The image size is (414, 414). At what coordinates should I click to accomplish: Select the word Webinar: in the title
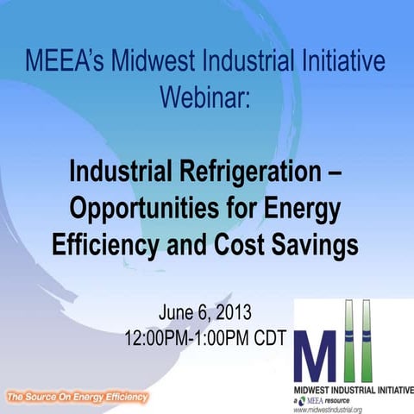coord(205,95)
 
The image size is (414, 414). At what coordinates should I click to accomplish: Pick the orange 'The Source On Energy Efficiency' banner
coord(77,398)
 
